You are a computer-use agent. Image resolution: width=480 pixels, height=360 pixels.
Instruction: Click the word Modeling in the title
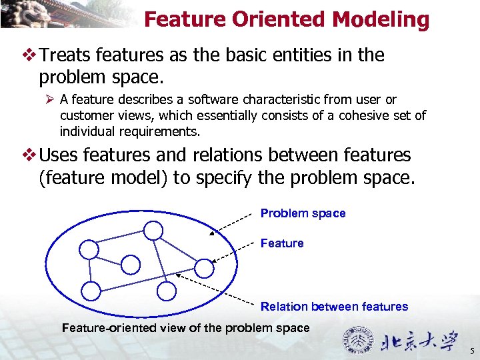coord(381,20)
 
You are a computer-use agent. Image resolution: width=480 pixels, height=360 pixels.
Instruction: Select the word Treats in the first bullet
coord(67,55)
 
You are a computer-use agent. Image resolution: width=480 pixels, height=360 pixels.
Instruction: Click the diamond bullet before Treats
coord(29,55)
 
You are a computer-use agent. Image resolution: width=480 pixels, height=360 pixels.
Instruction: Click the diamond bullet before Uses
coord(29,155)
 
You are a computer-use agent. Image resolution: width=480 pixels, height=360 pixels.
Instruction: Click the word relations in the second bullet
coord(226,155)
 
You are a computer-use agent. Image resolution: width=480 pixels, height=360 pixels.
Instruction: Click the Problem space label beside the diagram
coord(303,213)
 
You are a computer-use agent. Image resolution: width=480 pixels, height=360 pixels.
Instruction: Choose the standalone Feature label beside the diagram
coord(282,243)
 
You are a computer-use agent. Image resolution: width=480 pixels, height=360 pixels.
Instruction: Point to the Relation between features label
coord(334,307)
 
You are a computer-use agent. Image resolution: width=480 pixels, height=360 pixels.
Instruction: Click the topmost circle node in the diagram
coord(153,231)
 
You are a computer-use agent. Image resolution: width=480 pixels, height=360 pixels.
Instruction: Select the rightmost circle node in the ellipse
coord(205,268)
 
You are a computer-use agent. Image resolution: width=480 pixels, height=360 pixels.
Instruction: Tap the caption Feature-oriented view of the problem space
coord(185,328)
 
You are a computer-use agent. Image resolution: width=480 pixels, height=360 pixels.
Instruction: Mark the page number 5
coord(471,351)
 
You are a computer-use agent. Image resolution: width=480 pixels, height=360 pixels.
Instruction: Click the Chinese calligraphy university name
coord(420,343)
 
